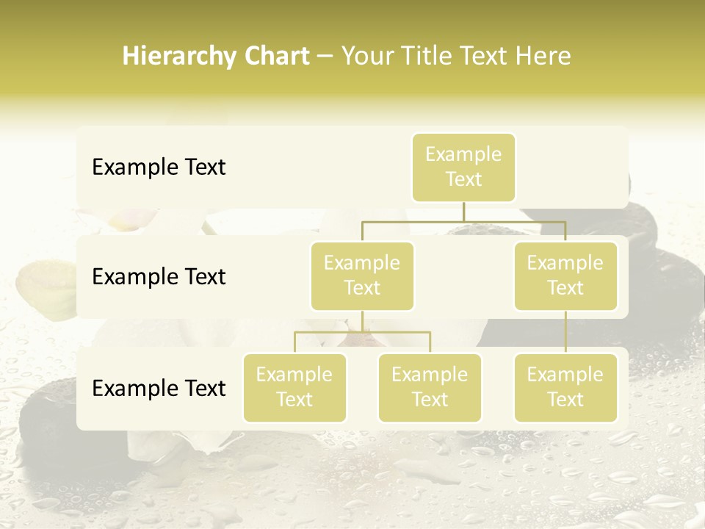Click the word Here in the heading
point(542,57)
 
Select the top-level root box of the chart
point(463,168)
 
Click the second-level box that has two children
point(362,276)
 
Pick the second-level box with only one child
point(565,276)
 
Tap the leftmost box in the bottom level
point(294,388)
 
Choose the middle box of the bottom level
point(430,388)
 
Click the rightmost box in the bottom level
point(565,388)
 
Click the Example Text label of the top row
point(159,168)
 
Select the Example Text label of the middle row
point(159,277)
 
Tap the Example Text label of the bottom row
point(159,389)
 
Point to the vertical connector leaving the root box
point(463,212)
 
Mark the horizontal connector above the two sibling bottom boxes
point(362,332)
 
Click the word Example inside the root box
point(463,154)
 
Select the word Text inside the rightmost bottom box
point(565,400)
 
